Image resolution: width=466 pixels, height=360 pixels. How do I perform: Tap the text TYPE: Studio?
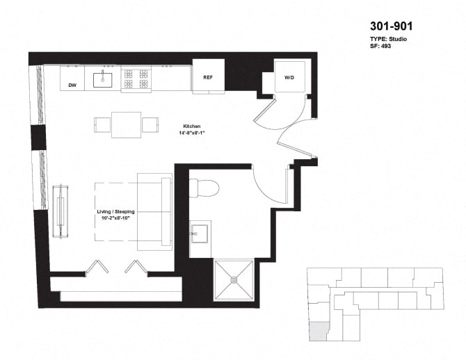(x=387, y=39)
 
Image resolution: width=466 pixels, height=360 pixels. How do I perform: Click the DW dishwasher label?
(x=72, y=85)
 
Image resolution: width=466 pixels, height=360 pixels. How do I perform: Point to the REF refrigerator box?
(x=207, y=76)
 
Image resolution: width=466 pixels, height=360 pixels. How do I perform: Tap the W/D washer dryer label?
(x=289, y=77)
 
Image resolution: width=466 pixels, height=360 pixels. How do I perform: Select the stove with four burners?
(x=137, y=79)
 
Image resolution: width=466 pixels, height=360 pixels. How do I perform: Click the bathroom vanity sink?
(x=200, y=233)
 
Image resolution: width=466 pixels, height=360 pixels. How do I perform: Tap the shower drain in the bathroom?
(x=235, y=279)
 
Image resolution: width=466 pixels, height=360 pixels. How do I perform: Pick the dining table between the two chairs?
(x=127, y=125)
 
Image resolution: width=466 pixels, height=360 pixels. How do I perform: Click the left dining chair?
(x=103, y=125)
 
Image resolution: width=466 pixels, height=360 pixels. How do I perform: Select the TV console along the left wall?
(x=61, y=211)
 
